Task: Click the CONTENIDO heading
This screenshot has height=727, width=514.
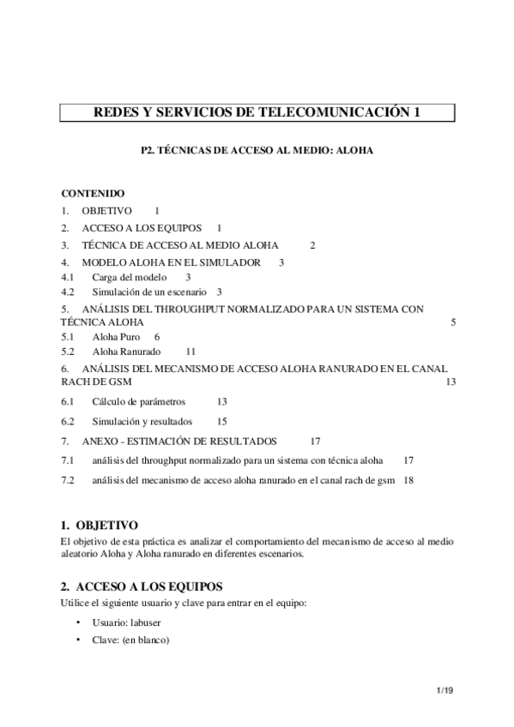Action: (94, 194)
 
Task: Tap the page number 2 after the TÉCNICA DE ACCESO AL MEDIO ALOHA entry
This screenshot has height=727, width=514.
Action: (313, 245)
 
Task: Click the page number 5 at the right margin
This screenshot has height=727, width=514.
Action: (453, 322)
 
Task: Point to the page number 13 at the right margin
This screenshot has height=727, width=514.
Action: (451, 382)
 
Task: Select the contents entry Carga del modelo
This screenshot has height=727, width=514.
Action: (128, 278)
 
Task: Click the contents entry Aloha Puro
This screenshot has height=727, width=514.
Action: (116, 338)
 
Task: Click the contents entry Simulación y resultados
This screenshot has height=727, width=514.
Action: (142, 421)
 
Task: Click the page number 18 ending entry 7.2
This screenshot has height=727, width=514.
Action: (408, 481)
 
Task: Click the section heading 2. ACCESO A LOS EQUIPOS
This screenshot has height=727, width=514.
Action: (142, 586)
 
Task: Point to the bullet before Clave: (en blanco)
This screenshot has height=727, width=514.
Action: (79, 639)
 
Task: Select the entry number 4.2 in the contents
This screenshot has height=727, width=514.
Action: (68, 291)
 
